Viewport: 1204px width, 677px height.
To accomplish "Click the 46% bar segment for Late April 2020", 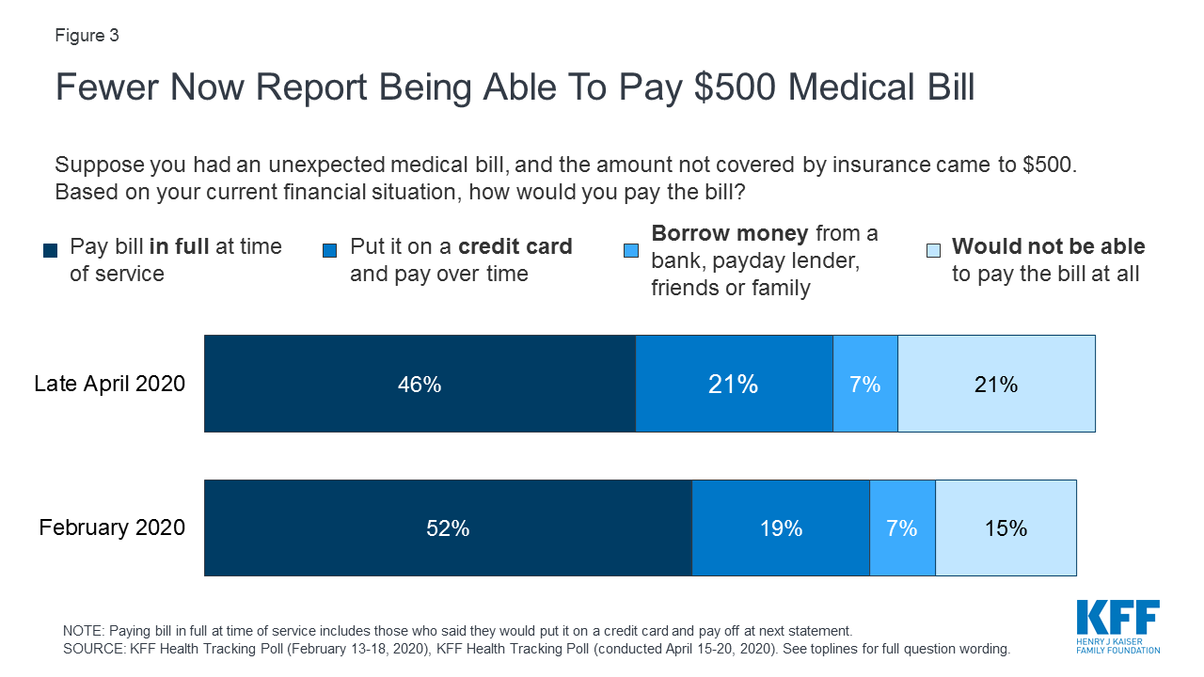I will pyautogui.click(x=420, y=384).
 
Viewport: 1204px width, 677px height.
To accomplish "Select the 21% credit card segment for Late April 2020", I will pyautogui.click(x=734, y=384).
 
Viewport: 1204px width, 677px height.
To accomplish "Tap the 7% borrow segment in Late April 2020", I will pyautogui.click(x=865, y=384).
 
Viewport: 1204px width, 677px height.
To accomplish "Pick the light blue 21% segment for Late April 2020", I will pyautogui.click(x=996, y=384).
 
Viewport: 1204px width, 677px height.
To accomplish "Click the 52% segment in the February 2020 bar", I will pyautogui.click(x=448, y=527).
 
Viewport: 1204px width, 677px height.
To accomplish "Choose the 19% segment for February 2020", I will pyautogui.click(x=781, y=527).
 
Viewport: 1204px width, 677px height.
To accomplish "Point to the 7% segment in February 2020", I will pyautogui.click(x=902, y=527).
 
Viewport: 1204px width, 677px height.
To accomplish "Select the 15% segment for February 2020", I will pyautogui.click(x=1006, y=527).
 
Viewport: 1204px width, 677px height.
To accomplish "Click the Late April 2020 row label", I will pyautogui.click(x=110, y=384).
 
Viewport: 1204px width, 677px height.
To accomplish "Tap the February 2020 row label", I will pyautogui.click(x=112, y=527).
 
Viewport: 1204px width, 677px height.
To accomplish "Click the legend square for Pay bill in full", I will pyautogui.click(x=50, y=251).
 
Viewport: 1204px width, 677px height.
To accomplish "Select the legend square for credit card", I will pyautogui.click(x=330, y=251).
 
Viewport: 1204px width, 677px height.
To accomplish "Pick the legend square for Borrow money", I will pyautogui.click(x=631, y=251).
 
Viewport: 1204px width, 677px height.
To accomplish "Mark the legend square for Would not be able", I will pyautogui.click(x=932, y=251).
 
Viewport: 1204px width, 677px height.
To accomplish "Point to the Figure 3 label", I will pyautogui.click(x=87, y=36).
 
